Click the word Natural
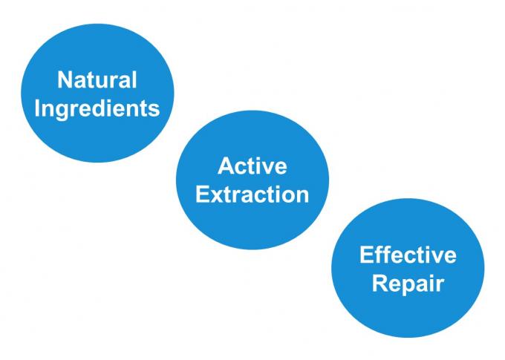97,80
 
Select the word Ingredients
97,109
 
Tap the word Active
252,166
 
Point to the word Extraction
252,194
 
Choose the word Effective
408,255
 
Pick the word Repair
408,284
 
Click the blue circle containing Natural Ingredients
97,93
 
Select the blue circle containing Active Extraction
252,180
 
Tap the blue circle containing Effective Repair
408,268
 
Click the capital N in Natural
65,80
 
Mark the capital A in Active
226,166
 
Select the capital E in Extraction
202,194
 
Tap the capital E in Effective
367,255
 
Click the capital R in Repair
380,284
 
